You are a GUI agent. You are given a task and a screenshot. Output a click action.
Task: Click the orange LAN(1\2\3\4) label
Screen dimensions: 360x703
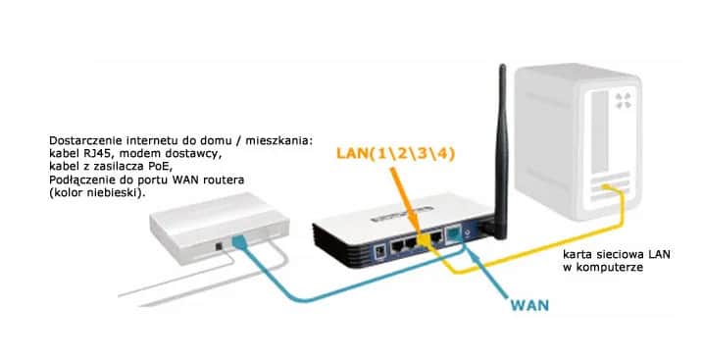[x=398, y=155]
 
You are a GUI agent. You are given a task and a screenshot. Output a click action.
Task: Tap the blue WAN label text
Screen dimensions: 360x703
[x=529, y=305]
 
